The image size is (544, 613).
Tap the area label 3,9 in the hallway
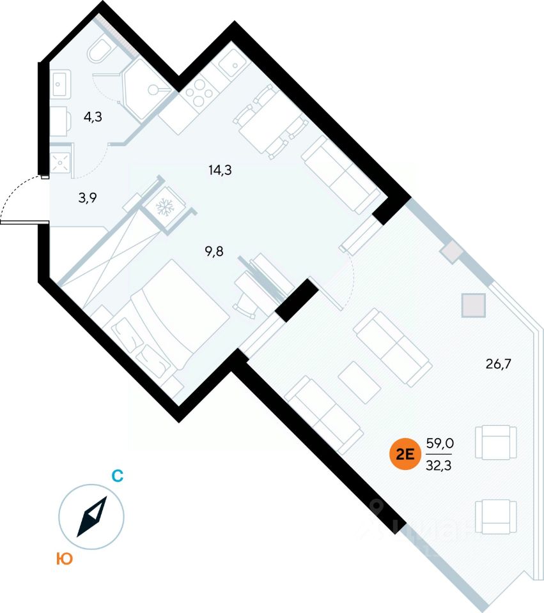pyautogui.click(x=88, y=198)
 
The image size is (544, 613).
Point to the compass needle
pyautogui.click(x=91, y=517)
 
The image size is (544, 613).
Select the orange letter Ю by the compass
pyautogui.click(x=63, y=559)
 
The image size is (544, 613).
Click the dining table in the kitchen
pyautogui.click(x=266, y=126)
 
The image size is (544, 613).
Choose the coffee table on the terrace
pyautogui.click(x=359, y=382)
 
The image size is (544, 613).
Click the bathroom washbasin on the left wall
pyautogui.click(x=61, y=84)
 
